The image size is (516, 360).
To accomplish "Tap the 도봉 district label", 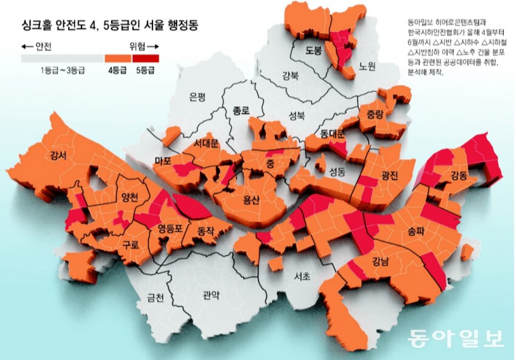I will click(x=313, y=51).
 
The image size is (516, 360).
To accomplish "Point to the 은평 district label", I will click(x=198, y=97).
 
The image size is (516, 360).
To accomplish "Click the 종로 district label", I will click(x=241, y=110).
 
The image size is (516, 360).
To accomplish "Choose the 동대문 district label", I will click(x=332, y=133).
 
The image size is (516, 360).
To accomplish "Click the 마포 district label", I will click(x=163, y=160).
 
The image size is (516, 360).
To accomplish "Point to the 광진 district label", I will click(x=389, y=175).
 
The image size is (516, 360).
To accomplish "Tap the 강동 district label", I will click(x=459, y=176).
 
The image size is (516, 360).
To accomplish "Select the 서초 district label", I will click(x=302, y=276).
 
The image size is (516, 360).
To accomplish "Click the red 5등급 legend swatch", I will click(x=146, y=59).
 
